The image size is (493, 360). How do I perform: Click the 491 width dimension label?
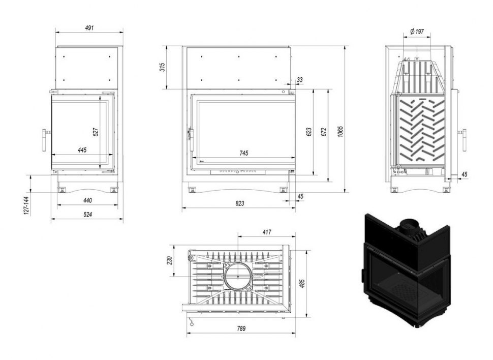pyautogui.click(x=89, y=27)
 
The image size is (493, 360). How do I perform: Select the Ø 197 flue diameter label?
pyautogui.click(x=417, y=31)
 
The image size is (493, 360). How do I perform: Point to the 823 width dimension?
pyautogui.click(x=239, y=203)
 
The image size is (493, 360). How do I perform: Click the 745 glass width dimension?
pyautogui.click(x=243, y=153)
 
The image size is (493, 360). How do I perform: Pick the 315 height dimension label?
pyautogui.click(x=162, y=67)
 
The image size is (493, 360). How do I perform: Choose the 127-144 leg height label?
pyautogui.click(x=26, y=206)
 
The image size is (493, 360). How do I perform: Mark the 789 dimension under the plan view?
pyautogui.click(x=241, y=328)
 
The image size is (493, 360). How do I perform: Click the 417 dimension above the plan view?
pyautogui.click(x=266, y=232)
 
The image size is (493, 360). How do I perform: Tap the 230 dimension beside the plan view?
pyautogui.click(x=170, y=260)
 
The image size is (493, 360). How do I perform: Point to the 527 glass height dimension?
pyautogui.click(x=96, y=132)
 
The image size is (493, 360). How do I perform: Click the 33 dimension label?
pyautogui.click(x=300, y=80)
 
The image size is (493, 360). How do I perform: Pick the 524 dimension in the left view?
pyautogui.click(x=88, y=215)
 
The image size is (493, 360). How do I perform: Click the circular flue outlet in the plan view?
pyautogui.click(x=238, y=277)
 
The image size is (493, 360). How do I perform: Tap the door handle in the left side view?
pyautogui.click(x=44, y=140)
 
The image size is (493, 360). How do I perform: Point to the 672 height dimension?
pyautogui.click(x=324, y=132)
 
